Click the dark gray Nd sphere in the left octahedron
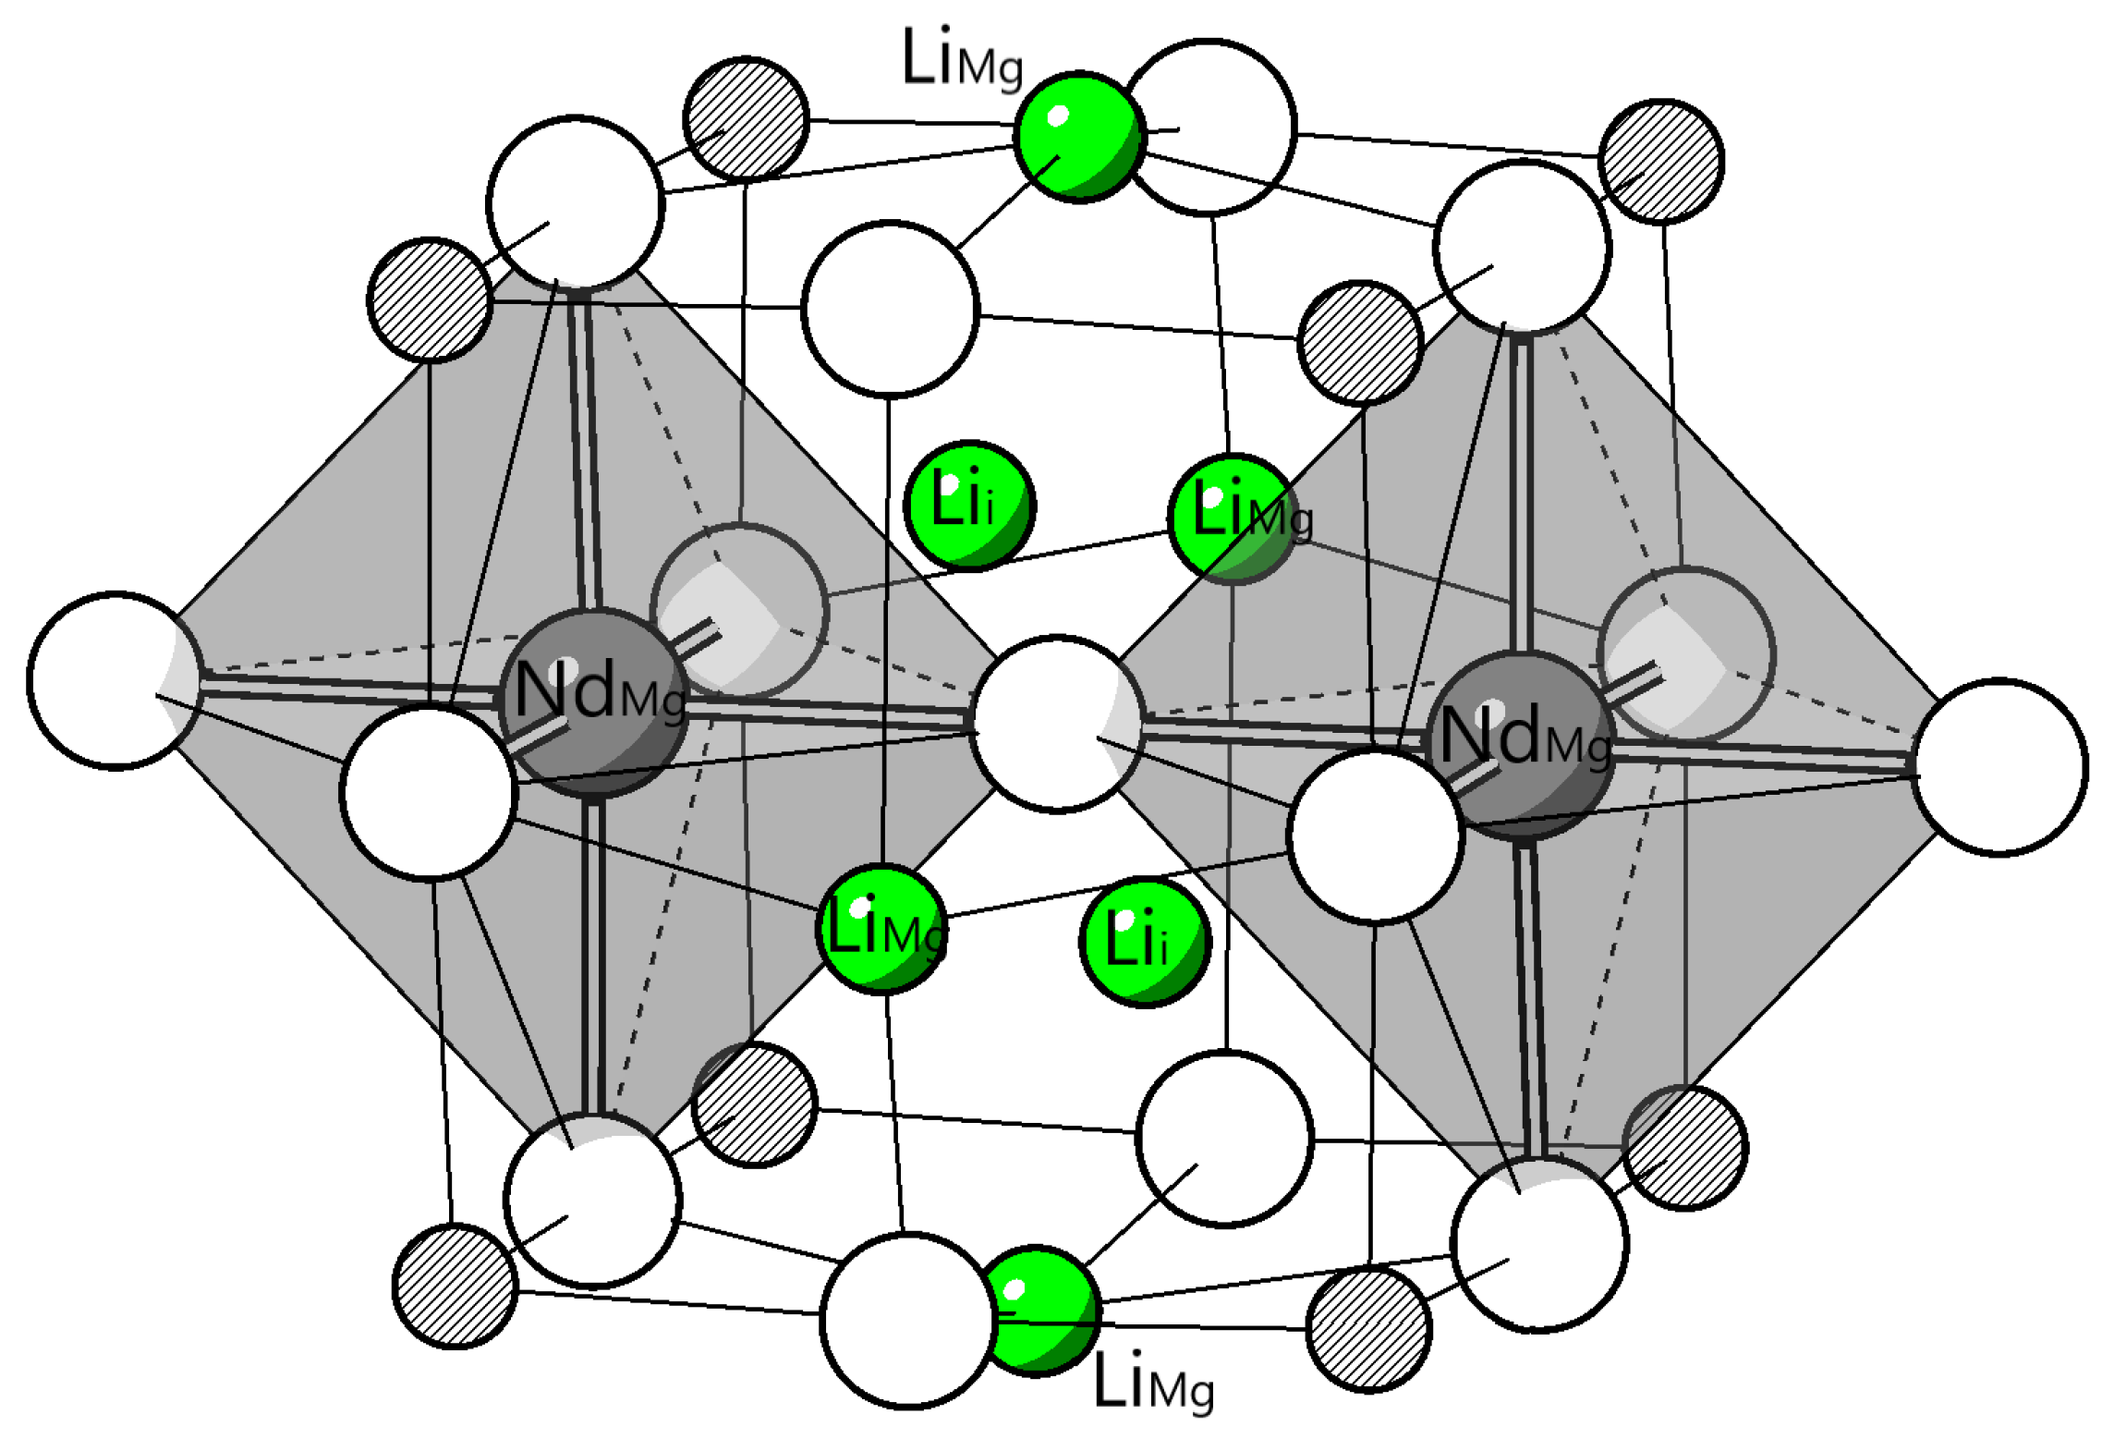coord(593,702)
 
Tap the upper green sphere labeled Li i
coord(969,505)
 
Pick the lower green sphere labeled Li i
coord(1145,942)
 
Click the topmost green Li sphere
coord(1078,137)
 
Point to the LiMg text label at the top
coord(962,60)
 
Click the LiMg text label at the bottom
coord(1153,1383)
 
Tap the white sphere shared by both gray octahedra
coord(1058,724)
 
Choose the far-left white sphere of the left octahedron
coord(115,680)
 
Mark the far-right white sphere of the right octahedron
coord(1999,767)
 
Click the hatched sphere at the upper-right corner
coord(1661,161)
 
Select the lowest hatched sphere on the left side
coord(455,1287)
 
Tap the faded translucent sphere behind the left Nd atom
coord(739,610)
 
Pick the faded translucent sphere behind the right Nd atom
coord(1686,654)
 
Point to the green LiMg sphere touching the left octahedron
coord(882,929)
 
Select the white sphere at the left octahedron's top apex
coord(575,203)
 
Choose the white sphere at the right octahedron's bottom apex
coord(1539,1244)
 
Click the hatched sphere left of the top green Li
coord(746,118)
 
